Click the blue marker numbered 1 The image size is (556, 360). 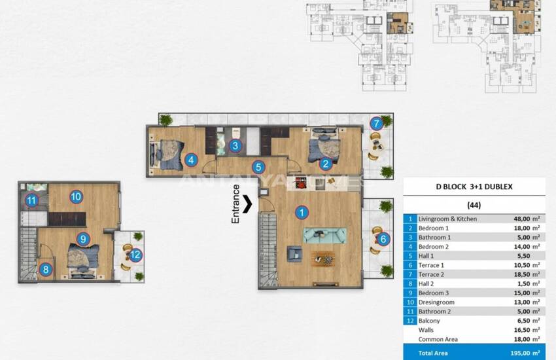point(302,212)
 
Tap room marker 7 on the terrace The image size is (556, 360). point(375,123)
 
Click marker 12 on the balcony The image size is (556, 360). point(135,255)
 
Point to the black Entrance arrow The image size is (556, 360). point(248,204)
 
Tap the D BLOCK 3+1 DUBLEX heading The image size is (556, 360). point(474,187)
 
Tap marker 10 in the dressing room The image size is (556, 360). point(76,196)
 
